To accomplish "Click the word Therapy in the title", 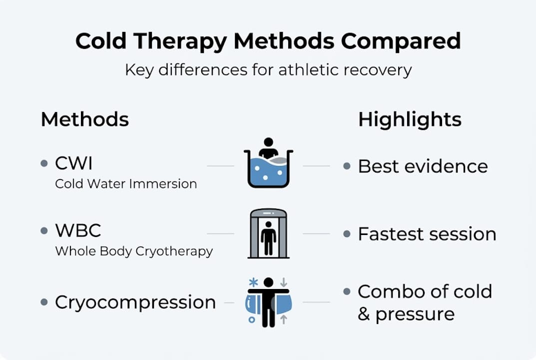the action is (x=180, y=41).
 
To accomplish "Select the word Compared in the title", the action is (x=401, y=41).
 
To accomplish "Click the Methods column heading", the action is (x=85, y=119).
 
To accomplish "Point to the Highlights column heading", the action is (x=410, y=120).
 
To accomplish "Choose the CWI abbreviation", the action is (x=73, y=163).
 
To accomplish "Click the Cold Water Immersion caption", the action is (x=126, y=184).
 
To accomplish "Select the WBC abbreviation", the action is (x=78, y=230).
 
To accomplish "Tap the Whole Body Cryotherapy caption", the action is (x=134, y=251).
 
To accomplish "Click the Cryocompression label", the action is (x=135, y=302).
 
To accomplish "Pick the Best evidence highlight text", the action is (x=423, y=166).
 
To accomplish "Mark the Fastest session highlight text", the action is (x=427, y=234).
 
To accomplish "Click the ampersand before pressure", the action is (x=364, y=314).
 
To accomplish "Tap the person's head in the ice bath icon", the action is (x=268, y=142).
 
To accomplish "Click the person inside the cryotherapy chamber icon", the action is (x=268, y=238).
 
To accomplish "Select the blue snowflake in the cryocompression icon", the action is (x=253, y=282).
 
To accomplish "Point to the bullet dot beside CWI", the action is (x=44, y=163).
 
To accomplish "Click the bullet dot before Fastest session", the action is (x=347, y=234).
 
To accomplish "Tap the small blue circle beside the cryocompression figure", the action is (x=252, y=319).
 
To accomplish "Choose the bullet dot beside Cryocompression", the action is (x=44, y=302).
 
